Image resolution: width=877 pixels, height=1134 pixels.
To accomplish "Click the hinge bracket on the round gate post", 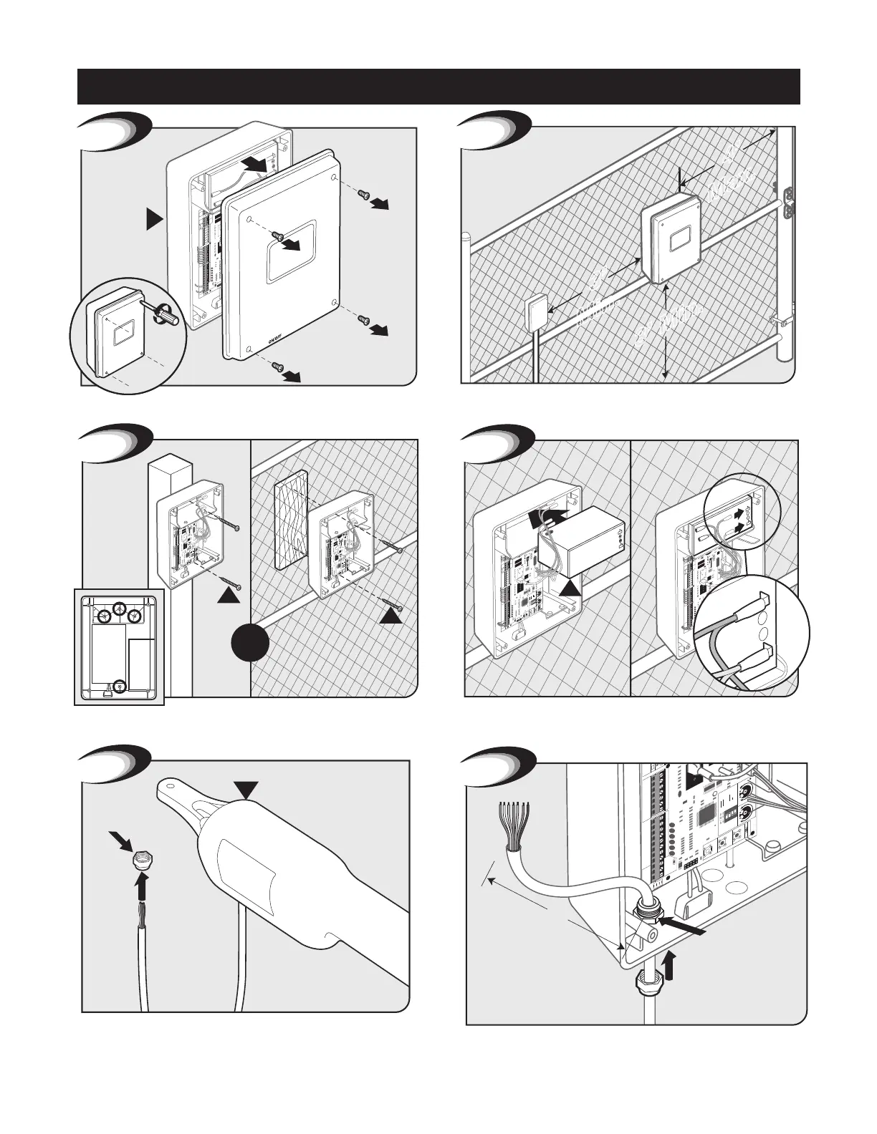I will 791,202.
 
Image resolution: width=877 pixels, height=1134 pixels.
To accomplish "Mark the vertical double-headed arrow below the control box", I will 666,329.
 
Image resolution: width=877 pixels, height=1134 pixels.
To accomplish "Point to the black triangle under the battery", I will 570,588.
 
